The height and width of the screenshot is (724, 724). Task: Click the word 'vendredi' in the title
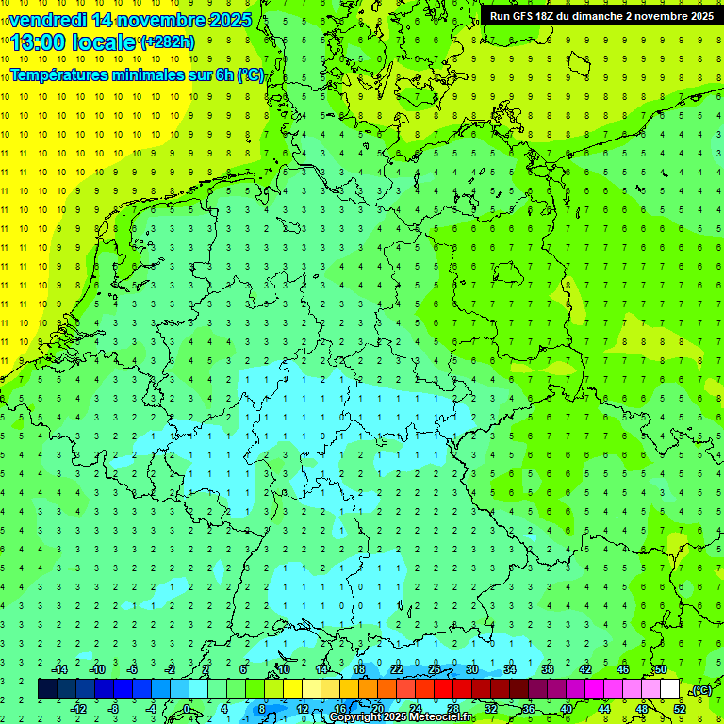point(47,20)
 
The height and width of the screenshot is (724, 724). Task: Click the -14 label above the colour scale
point(59,669)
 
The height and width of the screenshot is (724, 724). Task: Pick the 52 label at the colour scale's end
point(680,708)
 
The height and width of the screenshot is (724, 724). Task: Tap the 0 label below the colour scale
point(187,708)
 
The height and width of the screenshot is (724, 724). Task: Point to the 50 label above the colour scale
point(661,669)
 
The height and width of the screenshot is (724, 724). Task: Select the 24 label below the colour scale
point(416,708)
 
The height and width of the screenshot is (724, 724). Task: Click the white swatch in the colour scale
point(669,688)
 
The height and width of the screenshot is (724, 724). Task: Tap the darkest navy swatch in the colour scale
point(47,688)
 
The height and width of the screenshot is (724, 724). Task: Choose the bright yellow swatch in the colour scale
point(292,688)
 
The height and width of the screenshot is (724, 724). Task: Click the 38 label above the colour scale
point(548,669)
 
